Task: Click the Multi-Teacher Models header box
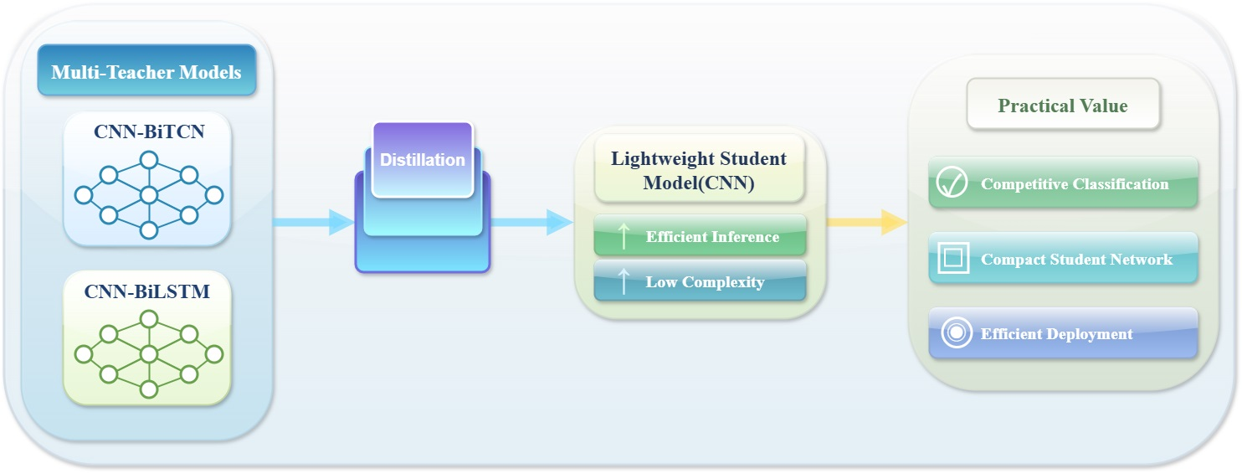[x=147, y=70]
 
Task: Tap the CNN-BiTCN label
[x=149, y=131]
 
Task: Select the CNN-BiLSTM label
[x=147, y=291]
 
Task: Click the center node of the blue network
[x=149, y=195]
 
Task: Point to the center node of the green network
[x=149, y=354]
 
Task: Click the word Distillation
[x=423, y=160]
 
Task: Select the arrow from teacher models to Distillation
[x=313, y=223]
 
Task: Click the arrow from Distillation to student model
[x=532, y=223]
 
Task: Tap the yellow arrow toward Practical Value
[x=867, y=223]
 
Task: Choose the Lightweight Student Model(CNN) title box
[x=699, y=169]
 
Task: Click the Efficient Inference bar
[x=700, y=236]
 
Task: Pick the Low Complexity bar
[x=700, y=281]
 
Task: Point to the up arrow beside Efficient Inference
[x=624, y=236]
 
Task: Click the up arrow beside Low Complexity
[x=624, y=282]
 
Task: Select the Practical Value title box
[x=1063, y=105]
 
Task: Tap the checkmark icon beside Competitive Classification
[x=952, y=182]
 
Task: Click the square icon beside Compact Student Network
[x=953, y=258]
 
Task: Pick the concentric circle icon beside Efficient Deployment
[x=957, y=332]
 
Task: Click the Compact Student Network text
[x=1077, y=260]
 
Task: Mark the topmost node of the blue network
[x=149, y=161]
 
